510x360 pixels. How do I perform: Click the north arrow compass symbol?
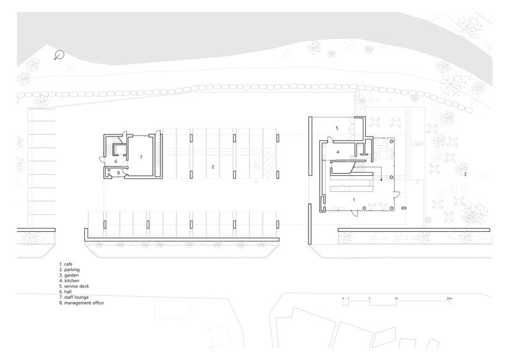click(59, 55)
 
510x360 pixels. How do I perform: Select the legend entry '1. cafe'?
click(66, 264)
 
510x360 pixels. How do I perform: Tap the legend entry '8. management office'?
click(82, 303)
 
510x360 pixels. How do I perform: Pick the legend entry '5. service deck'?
click(74, 286)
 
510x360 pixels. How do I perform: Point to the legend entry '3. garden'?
click(69, 275)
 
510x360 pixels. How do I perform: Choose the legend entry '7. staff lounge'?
click(74, 297)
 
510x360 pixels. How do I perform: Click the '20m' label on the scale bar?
click(449, 298)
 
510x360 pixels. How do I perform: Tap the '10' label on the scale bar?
click(396, 298)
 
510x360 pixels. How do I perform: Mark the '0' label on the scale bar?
click(343, 298)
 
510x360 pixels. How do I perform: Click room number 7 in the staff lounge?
click(141, 157)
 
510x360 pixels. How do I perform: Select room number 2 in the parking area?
click(213, 167)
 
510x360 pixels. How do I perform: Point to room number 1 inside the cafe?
click(354, 199)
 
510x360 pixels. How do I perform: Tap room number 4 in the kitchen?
click(338, 152)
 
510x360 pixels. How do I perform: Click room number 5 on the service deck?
click(337, 128)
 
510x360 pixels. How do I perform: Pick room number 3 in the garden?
click(465, 175)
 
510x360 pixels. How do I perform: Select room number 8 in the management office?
click(119, 173)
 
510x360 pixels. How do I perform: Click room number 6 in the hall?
click(116, 161)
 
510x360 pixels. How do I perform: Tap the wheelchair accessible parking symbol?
click(256, 166)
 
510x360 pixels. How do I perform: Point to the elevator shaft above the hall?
click(117, 149)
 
